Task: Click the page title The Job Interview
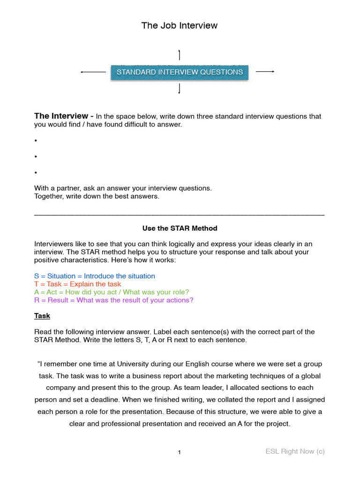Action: pyautogui.click(x=180, y=26)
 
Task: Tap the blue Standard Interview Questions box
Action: pyautogui.click(x=180, y=72)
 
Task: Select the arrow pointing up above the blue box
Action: pyautogui.click(x=180, y=54)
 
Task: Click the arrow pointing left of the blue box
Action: pyautogui.click(x=93, y=72)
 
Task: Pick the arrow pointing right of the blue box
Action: pyautogui.click(x=265, y=71)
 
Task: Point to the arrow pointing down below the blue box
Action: pyautogui.click(x=180, y=89)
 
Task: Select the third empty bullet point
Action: pyautogui.click(x=36, y=172)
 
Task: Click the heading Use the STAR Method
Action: pyautogui.click(x=180, y=228)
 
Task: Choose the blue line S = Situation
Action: pyautogui.click(x=95, y=276)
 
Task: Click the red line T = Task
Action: pyautogui.click(x=77, y=284)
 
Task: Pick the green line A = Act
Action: pyautogui.click(x=112, y=292)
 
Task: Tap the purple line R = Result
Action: pyautogui.click(x=113, y=300)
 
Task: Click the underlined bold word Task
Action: pyautogui.click(x=42, y=316)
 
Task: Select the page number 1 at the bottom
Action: pyautogui.click(x=179, y=452)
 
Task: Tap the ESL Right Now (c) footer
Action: pyautogui.click(x=295, y=451)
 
